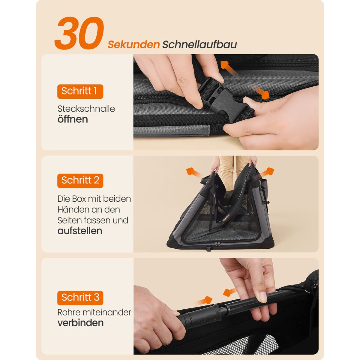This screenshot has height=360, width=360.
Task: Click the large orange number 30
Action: coord(79,33)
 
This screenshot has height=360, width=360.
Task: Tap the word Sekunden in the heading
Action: coord(133,45)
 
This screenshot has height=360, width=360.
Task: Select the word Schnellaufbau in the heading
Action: coord(199,44)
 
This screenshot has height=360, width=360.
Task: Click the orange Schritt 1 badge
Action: coord(80,91)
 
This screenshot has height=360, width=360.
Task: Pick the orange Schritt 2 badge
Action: coord(80,181)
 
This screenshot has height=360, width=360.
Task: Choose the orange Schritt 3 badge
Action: coord(80,298)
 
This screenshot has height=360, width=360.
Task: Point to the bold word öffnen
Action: coord(73,119)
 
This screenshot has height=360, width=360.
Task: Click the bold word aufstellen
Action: coord(80,231)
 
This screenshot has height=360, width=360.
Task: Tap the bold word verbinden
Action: coord(80,323)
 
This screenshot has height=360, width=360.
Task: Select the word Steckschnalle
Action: coord(86,109)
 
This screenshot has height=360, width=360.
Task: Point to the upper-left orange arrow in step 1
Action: coord(229,68)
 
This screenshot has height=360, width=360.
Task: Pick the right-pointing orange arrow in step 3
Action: coord(204,301)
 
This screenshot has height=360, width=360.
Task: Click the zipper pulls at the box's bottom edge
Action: coord(217,244)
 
